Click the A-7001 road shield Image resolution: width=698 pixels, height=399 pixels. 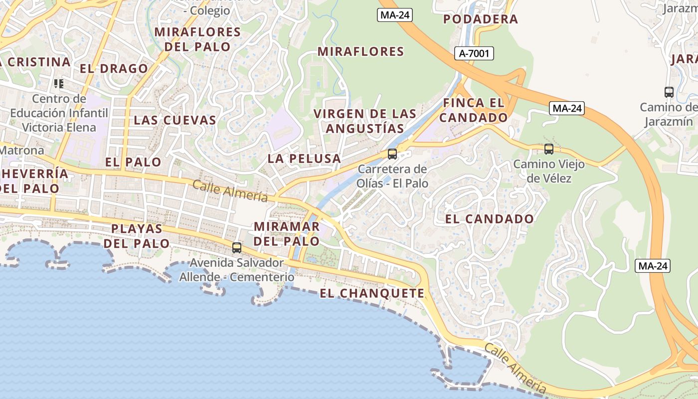pos(474,53)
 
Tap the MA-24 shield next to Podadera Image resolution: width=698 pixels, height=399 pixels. pos(394,15)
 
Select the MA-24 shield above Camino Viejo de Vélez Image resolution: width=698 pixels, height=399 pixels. pos(567,108)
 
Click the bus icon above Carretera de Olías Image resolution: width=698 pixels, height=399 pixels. pos(392,154)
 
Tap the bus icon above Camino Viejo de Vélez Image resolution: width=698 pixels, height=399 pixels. pos(549,149)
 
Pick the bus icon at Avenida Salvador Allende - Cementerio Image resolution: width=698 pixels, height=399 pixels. pos(237,247)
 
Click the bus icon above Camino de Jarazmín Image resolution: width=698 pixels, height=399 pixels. pos(669,92)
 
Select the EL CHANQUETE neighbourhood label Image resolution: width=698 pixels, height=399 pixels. pos(372,293)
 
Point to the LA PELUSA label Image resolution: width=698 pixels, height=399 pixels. pos(304,159)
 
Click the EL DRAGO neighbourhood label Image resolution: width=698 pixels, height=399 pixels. pos(114,68)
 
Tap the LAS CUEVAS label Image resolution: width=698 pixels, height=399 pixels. pos(175,120)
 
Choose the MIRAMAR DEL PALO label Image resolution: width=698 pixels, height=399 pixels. pos(287,234)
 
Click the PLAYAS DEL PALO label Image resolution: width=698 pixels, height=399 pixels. pos(137,236)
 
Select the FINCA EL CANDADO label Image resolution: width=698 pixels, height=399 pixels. pos(473,110)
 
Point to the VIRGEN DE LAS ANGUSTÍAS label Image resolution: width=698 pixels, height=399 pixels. pos(364,121)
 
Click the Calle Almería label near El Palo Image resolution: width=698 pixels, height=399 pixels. pos(230,191)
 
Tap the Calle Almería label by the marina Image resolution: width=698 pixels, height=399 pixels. pos(515,368)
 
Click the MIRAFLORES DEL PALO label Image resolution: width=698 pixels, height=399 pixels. pos(198,39)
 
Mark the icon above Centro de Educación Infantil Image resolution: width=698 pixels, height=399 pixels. pos(59,83)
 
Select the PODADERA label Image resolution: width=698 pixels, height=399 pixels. pos(481,19)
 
